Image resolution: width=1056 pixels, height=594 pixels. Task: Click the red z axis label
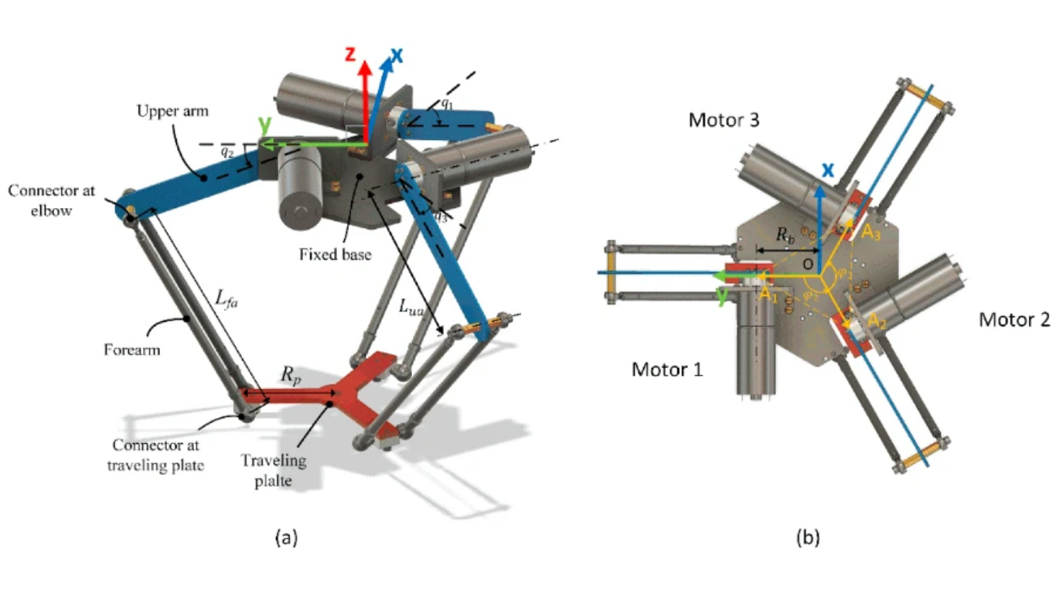click(x=350, y=54)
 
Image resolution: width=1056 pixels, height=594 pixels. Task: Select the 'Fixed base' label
click(x=334, y=253)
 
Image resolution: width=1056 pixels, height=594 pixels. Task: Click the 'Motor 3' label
click(x=724, y=121)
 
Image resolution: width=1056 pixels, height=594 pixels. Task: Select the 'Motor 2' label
click(x=1014, y=319)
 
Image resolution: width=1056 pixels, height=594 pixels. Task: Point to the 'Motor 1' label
click(x=668, y=370)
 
